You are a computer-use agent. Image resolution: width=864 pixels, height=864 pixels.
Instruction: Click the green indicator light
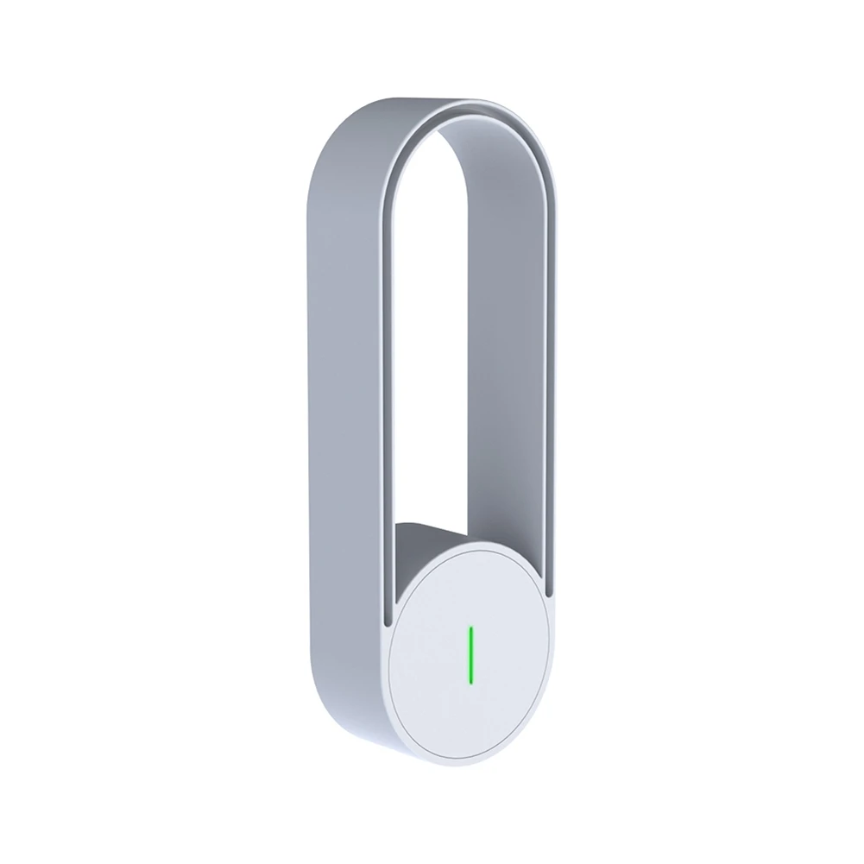pos(470,654)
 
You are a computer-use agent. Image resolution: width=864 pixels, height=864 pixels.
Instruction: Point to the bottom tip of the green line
pos(470,680)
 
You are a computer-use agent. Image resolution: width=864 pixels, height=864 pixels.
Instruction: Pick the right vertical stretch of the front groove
pos(552,388)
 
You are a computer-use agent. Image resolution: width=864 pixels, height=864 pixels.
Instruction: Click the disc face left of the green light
pos(427,656)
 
